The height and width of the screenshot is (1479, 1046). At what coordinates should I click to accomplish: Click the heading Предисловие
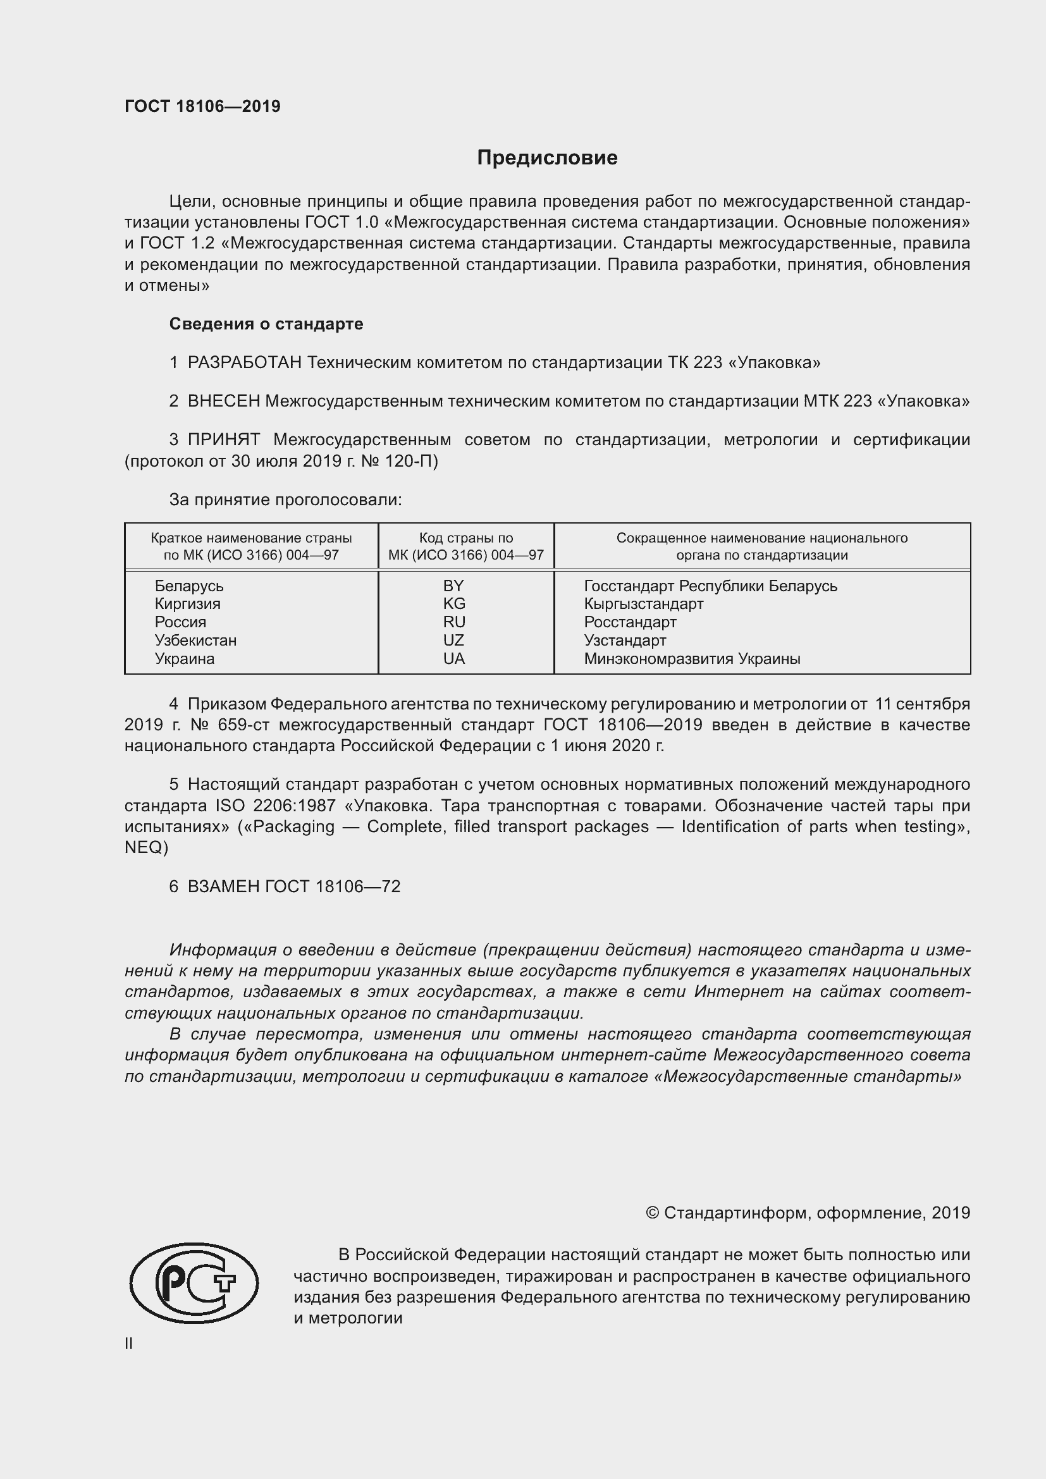tap(547, 158)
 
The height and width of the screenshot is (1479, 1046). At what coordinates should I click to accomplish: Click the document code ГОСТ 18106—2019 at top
tap(202, 106)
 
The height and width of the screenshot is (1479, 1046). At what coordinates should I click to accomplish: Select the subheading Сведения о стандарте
tap(266, 324)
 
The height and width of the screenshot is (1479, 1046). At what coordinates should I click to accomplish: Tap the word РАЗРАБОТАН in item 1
tap(244, 363)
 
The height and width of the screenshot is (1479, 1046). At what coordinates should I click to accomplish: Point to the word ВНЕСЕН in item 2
tap(223, 402)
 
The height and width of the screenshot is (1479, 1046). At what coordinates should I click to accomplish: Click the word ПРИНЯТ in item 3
tap(223, 440)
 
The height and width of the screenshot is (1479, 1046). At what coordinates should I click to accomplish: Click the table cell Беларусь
tap(188, 586)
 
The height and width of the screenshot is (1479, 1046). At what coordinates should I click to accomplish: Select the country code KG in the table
tap(453, 604)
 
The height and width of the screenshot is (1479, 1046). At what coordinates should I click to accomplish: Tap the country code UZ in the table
tap(453, 641)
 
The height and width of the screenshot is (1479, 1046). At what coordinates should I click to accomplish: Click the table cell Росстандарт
tap(630, 622)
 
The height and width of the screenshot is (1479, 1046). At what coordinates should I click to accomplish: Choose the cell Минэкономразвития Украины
tap(692, 659)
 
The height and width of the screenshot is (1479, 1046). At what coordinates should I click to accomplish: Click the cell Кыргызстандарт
tap(643, 604)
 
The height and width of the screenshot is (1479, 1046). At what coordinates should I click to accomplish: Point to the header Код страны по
tap(465, 538)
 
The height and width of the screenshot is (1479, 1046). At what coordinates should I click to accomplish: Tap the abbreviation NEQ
tap(146, 848)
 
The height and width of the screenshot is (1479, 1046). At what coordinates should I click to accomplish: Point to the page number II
tap(129, 1344)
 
